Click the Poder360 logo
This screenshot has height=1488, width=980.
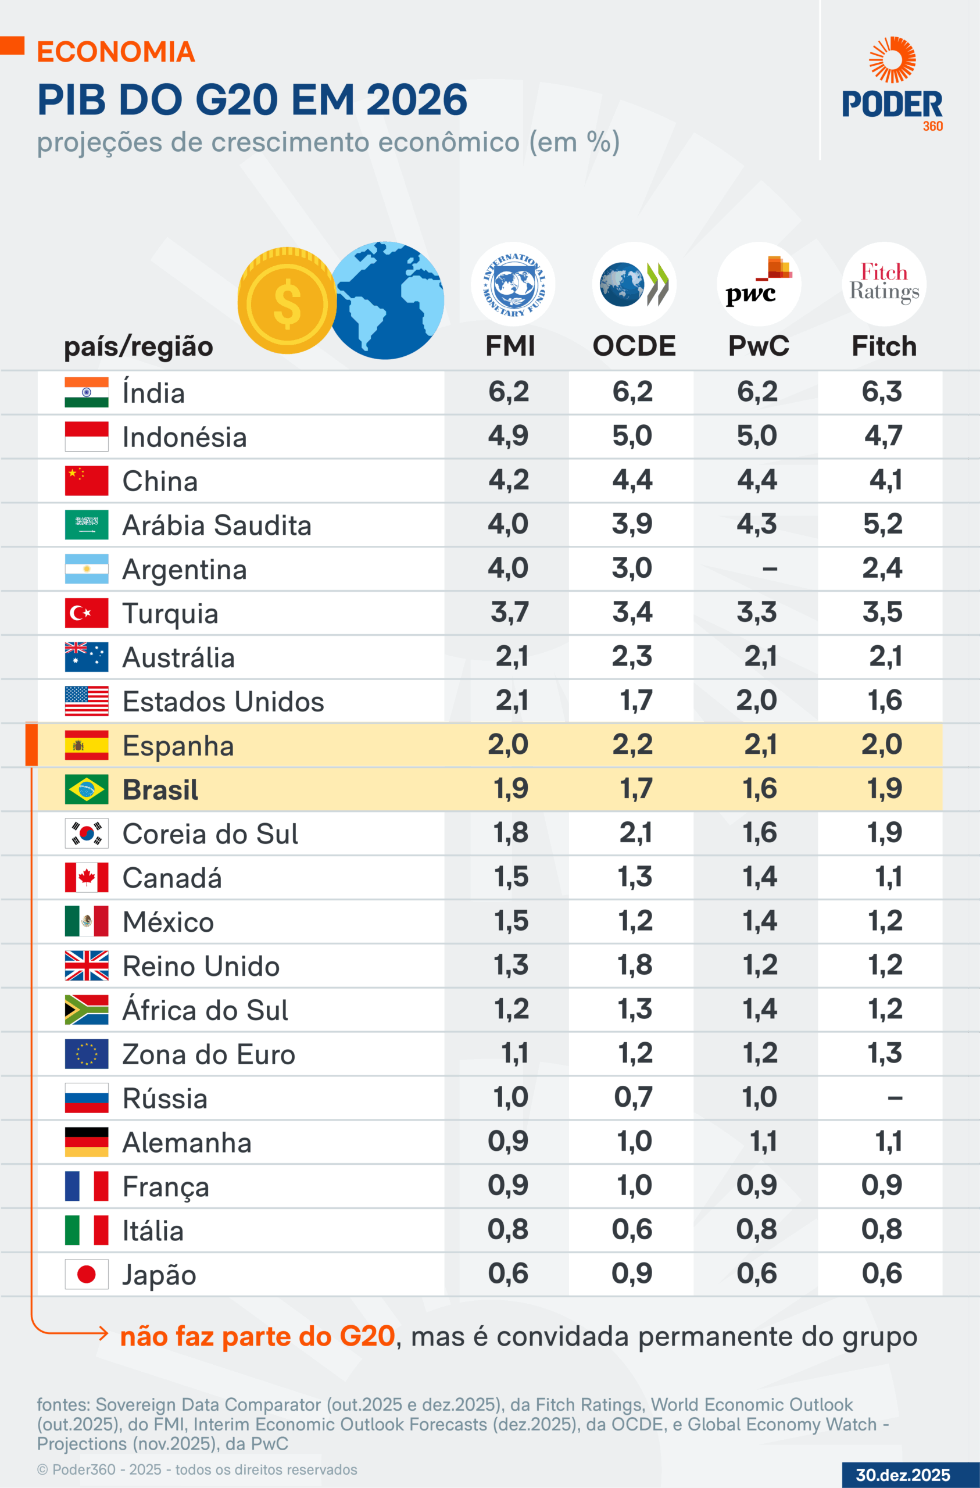(x=892, y=84)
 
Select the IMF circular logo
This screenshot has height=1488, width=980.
(x=513, y=284)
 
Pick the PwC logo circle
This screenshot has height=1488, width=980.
(x=759, y=284)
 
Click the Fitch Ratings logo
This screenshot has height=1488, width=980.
(x=884, y=284)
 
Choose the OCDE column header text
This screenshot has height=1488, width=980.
(x=634, y=346)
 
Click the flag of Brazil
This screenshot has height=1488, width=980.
(x=86, y=789)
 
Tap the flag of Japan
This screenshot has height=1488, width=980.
(x=86, y=1274)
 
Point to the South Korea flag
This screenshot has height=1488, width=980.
(x=86, y=834)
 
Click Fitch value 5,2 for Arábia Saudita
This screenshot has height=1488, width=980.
(x=882, y=524)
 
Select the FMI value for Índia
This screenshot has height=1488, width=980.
(x=509, y=392)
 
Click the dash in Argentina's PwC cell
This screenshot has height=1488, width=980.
(x=770, y=569)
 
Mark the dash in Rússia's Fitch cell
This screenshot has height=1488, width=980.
(x=895, y=1098)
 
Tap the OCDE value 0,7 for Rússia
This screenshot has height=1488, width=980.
(x=633, y=1097)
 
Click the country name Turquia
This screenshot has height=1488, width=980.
(x=170, y=613)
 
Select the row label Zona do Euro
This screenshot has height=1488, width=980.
(x=208, y=1055)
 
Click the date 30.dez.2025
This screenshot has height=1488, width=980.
(x=903, y=1475)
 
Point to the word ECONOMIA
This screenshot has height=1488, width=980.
(x=116, y=52)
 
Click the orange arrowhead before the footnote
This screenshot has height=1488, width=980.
(x=103, y=1333)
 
